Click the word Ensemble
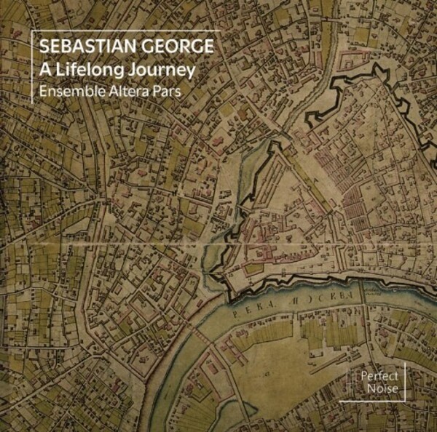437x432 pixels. (71, 93)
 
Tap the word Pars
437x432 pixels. (169, 93)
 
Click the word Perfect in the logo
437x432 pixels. (376, 377)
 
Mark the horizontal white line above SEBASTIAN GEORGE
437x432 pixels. (124, 31)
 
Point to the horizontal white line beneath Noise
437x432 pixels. (371, 401)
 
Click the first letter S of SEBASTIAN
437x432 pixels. (45, 47)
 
